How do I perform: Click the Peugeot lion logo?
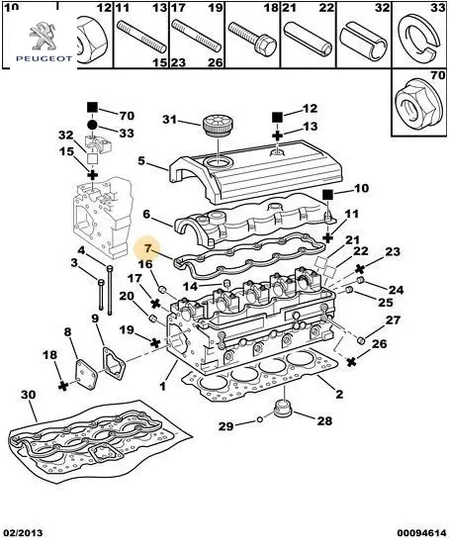(x=44, y=36)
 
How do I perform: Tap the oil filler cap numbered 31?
(x=218, y=126)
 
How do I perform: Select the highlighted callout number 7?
(x=147, y=249)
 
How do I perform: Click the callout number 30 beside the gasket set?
(x=28, y=395)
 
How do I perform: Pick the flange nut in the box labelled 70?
(x=415, y=103)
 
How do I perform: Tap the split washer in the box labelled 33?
(x=421, y=39)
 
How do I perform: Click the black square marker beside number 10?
(x=327, y=194)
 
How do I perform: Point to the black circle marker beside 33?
(x=92, y=125)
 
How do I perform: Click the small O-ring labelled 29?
(x=260, y=419)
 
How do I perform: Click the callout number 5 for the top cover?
(x=141, y=161)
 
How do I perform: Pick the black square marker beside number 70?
(x=92, y=107)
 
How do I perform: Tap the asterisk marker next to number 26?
(x=351, y=361)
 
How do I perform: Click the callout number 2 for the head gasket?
(x=339, y=394)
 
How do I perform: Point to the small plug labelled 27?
(x=362, y=340)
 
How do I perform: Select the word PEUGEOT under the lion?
(x=44, y=58)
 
